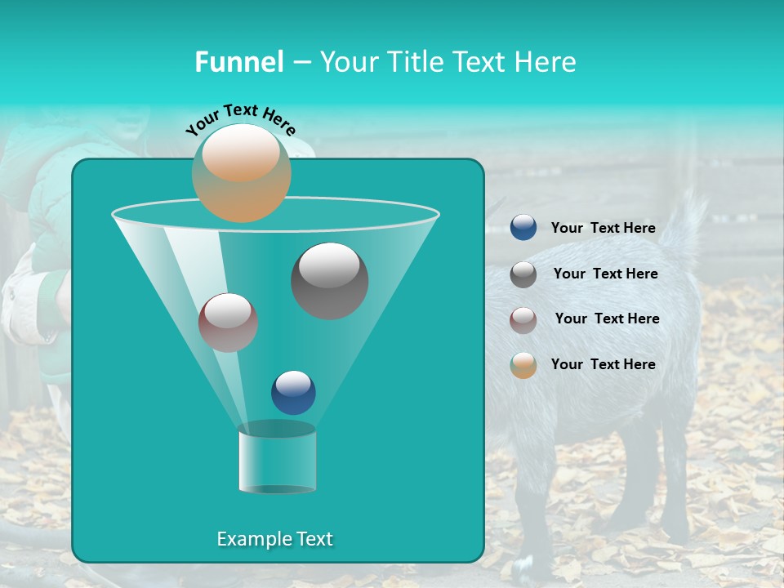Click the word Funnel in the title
[238, 62]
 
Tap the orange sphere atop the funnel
[242, 172]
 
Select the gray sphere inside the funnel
[330, 280]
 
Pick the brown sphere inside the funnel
[228, 323]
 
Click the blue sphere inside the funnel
[293, 392]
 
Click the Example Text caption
[274, 539]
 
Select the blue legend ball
[523, 228]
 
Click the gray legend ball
[523, 274]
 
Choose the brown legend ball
[523, 319]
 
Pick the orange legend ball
[523, 365]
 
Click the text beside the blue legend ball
[603, 228]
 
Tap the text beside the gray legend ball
[605, 274]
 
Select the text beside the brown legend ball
[607, 318]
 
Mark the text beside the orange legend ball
[603, 364]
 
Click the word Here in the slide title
[546, 62]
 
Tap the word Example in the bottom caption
[250, 539]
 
